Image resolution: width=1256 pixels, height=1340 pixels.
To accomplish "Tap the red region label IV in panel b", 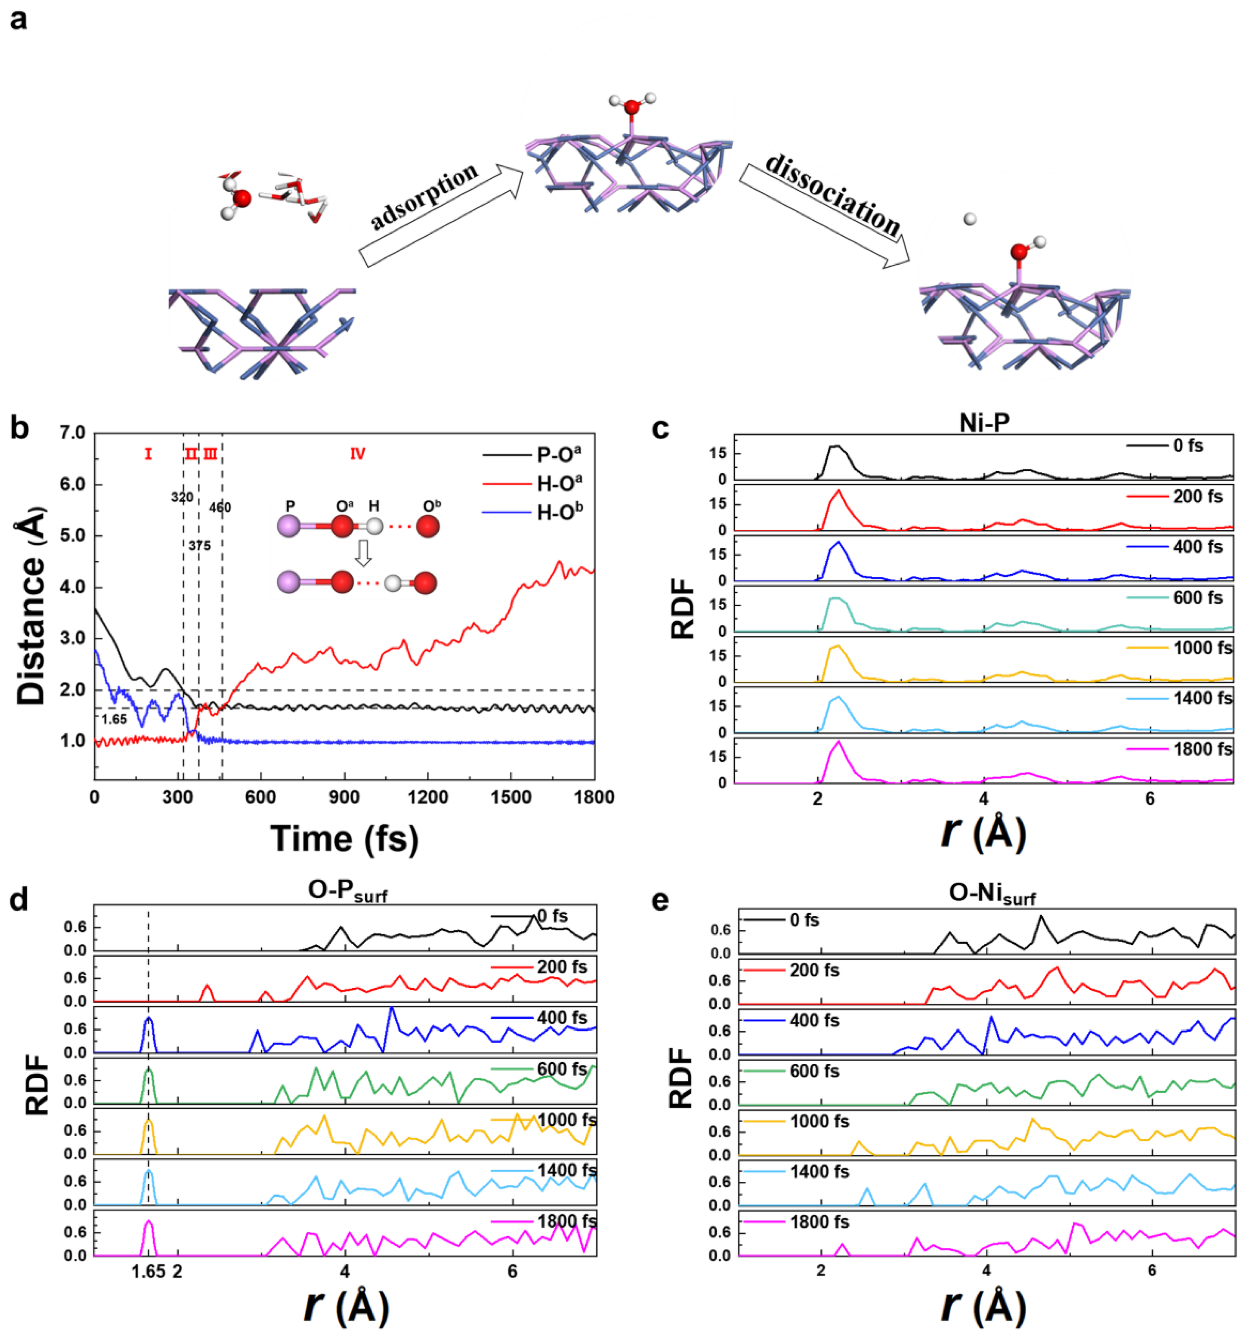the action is pos(357,454).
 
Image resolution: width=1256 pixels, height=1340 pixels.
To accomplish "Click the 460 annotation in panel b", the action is pos(220,507).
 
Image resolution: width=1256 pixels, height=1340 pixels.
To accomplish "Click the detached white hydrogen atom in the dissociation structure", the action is pos(969,219).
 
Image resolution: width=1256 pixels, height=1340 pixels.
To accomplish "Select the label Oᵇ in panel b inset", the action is pos(432,505).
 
